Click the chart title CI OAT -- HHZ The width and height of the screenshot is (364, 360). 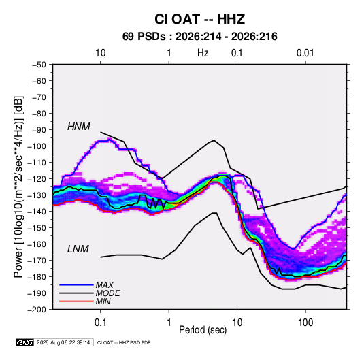point(199,19)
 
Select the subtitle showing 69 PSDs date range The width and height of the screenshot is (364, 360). point(199,37)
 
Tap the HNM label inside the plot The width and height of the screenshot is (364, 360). point(79,127)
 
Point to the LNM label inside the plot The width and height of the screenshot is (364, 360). point(78,249)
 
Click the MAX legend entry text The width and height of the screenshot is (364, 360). point(105,285)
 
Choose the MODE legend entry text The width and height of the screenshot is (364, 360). point(107,293)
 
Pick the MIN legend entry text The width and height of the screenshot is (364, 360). point(103,301)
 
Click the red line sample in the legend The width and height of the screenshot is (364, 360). point(76,301)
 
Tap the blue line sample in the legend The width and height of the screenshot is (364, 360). point(76,285)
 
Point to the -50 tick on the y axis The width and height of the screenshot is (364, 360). point(39,65)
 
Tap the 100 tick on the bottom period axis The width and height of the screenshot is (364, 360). point(305,323)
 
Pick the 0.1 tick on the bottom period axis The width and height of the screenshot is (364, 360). point(100,323)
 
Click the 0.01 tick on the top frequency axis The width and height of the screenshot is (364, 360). point(305,53)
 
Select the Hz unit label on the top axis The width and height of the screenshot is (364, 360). point(203,53)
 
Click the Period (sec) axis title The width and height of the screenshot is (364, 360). point(203,330)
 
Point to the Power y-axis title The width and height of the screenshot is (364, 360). point(18,186)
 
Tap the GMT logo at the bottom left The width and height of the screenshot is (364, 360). point(25,342)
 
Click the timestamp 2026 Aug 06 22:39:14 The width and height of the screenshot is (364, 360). point(63,342)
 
